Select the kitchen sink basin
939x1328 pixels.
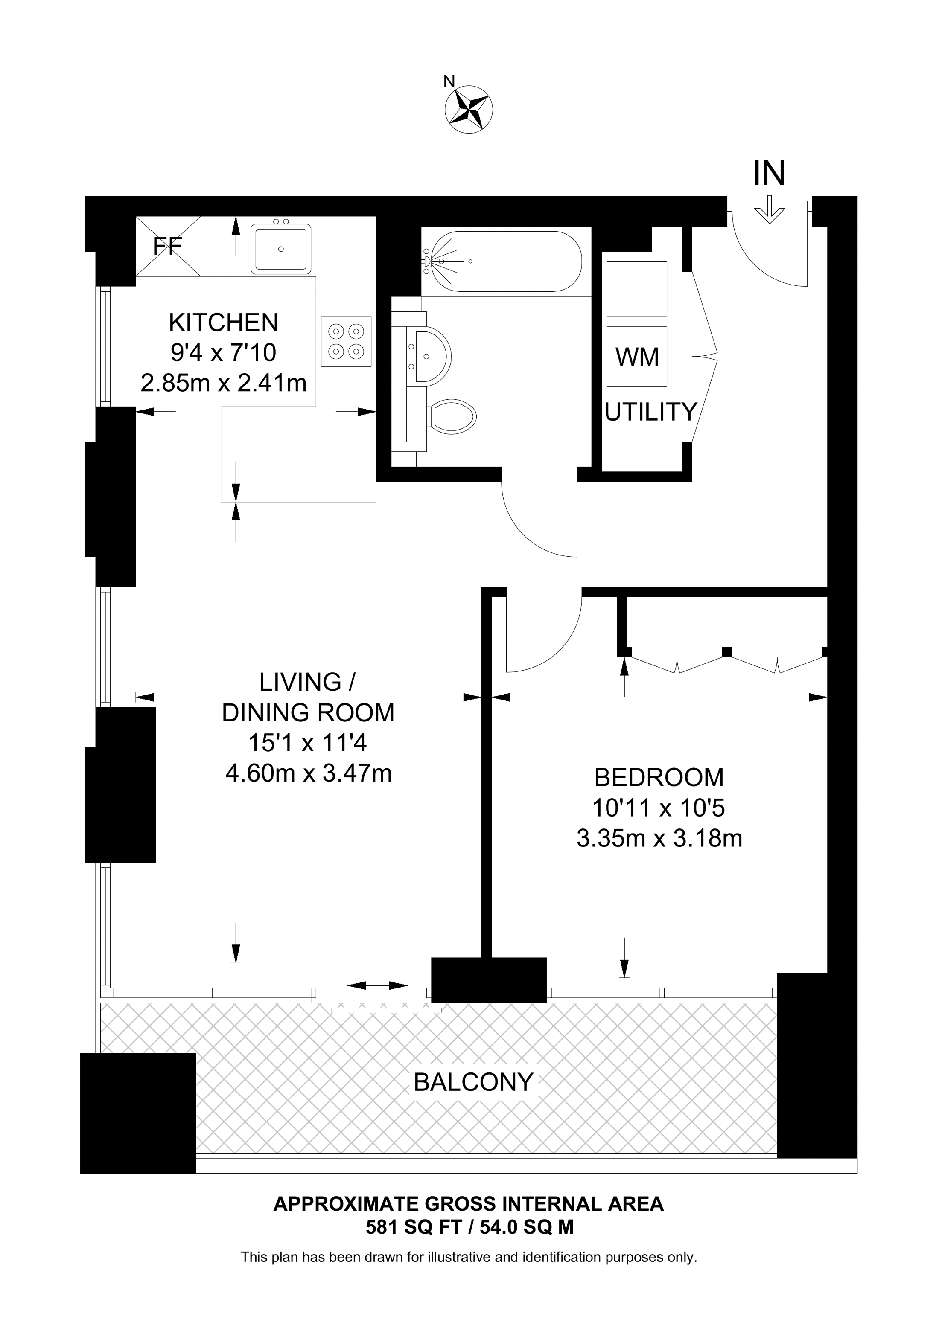click(280, 249)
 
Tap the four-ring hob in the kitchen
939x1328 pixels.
click(347, 341)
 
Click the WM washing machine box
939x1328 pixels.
click(637, 356)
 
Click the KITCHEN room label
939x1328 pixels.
click(223, 322)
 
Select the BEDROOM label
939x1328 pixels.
click(659, 777)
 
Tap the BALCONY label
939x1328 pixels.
click(473, 1081)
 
